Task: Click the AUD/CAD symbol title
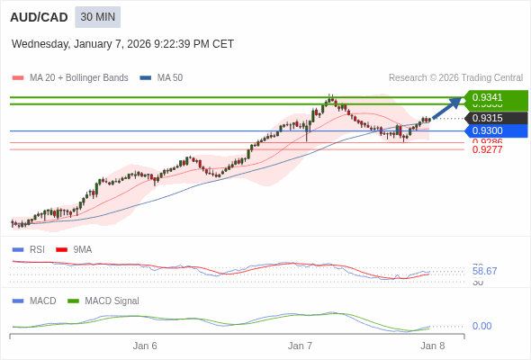coord(39,17)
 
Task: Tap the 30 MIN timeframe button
coord(97,17)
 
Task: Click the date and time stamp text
coord(122,43)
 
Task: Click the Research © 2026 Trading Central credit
coord(455,78)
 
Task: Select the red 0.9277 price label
coord(487,149)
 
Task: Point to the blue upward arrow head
coord(457,102)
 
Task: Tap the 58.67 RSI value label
coord(484,271)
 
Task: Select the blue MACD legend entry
coord(41,301)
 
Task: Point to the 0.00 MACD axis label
coord(481,326)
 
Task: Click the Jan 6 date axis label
coord(145,346)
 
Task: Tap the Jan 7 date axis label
coord(300,346)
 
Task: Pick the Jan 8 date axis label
coord(433,346)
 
